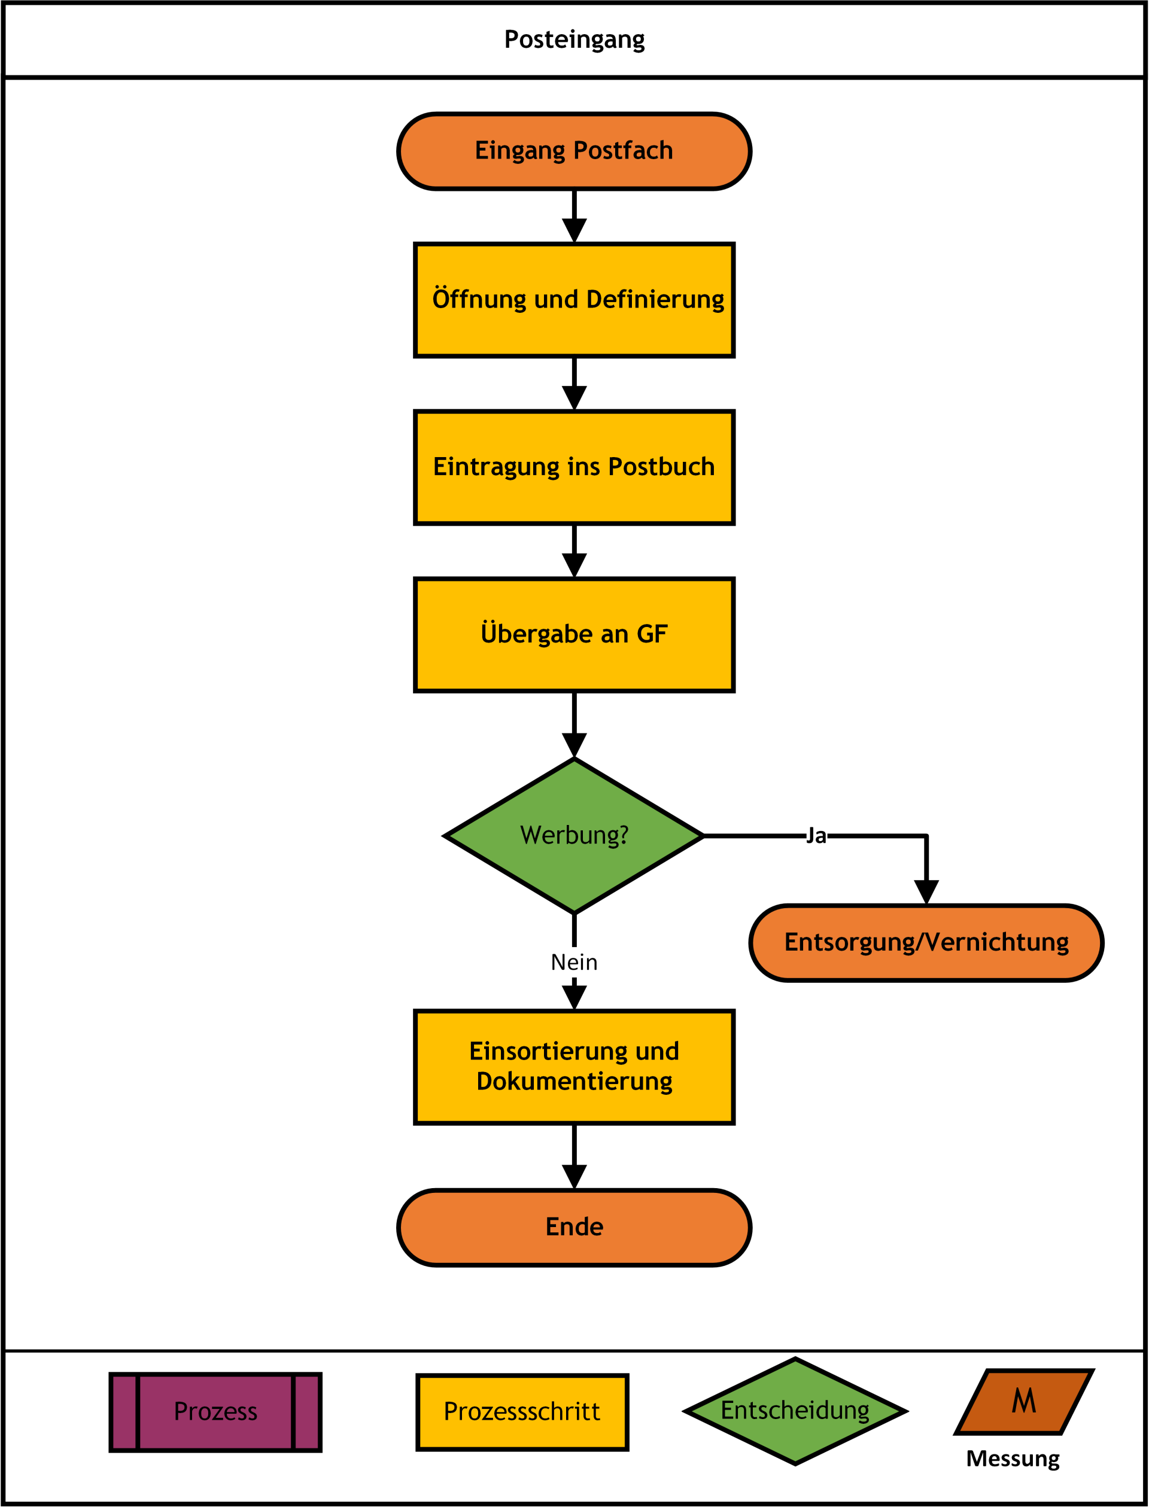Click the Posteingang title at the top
click(x=574, y=39)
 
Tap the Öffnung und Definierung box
click(x=574, y=300)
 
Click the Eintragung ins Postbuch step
click(x=574, y=468)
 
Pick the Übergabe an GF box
click(x=574, y=635)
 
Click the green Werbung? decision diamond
click(x=574, y=836)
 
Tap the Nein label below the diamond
click(x=574, y=963)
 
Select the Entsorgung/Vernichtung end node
click(x=927, y=943)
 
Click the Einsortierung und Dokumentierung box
click(x=574, y=1067)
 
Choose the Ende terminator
click(x=574, y=1228)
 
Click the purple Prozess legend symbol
click(x=215, y=1412)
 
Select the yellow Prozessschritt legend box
click(x=522, y=1412)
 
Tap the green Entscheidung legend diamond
click(x=795, y=1411)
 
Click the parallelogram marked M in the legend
click(x=1025, y=1402)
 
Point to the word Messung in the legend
click(x=1013, y=1459)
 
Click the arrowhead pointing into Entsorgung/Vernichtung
click(x=927, y=893)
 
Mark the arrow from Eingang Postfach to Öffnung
click(x=574, y=216)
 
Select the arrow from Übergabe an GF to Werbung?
click(x=574, y=724)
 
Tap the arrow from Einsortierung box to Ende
click(x=574, y=1157)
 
